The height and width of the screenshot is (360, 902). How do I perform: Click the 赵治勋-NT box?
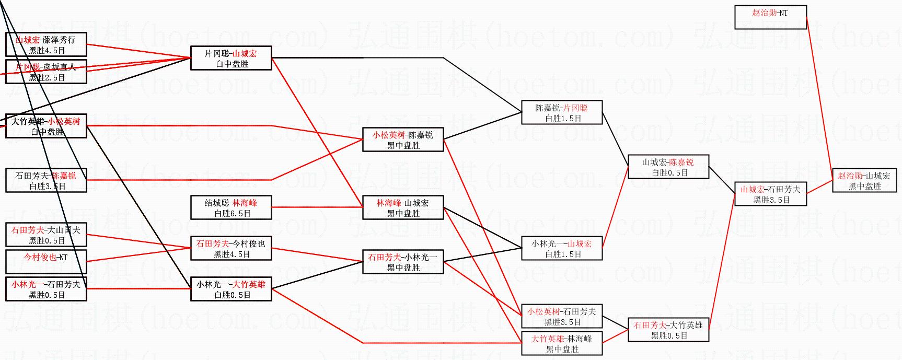click(x=770, y=17)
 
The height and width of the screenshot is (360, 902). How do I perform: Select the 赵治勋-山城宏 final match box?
click(x=864, y=180)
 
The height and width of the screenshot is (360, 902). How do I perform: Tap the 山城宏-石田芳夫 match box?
click(x=770, y=194)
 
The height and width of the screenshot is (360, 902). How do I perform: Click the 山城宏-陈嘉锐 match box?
click(x=668, y=167)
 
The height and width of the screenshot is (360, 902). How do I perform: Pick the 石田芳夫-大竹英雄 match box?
click(x=668, y=330)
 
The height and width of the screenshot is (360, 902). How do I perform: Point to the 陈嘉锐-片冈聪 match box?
click(x=562, y=112)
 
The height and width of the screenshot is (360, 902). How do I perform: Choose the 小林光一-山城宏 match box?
click(x=562, y=248)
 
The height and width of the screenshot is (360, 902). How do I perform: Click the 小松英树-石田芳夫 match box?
click(x=562, y=316)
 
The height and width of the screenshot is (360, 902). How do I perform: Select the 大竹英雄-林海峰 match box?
click(x=562, y=343)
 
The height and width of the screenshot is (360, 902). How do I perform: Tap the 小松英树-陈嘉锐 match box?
click(x=403, y=140)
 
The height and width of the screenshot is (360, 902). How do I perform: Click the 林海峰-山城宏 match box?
click(x=403, y=207)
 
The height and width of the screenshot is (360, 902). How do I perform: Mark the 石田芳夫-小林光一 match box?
click(x=403, y=262)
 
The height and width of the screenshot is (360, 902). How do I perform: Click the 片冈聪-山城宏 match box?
click(x=231, y=58)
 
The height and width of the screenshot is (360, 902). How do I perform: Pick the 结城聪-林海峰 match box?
click(x=231, y=207)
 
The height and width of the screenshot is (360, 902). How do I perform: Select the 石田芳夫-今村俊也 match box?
click(x=231, y=248)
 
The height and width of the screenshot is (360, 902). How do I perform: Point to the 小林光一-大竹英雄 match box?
click(x=231, y=289)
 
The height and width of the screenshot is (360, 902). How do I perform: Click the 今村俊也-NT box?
click(x=46, y=262)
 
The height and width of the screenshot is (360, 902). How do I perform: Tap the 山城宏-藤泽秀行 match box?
click(x=46, y=44)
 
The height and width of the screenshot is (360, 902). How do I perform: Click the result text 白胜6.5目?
click(x=232, y=213)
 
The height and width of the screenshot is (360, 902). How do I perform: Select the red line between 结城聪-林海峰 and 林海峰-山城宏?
click(x=317, y=207)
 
